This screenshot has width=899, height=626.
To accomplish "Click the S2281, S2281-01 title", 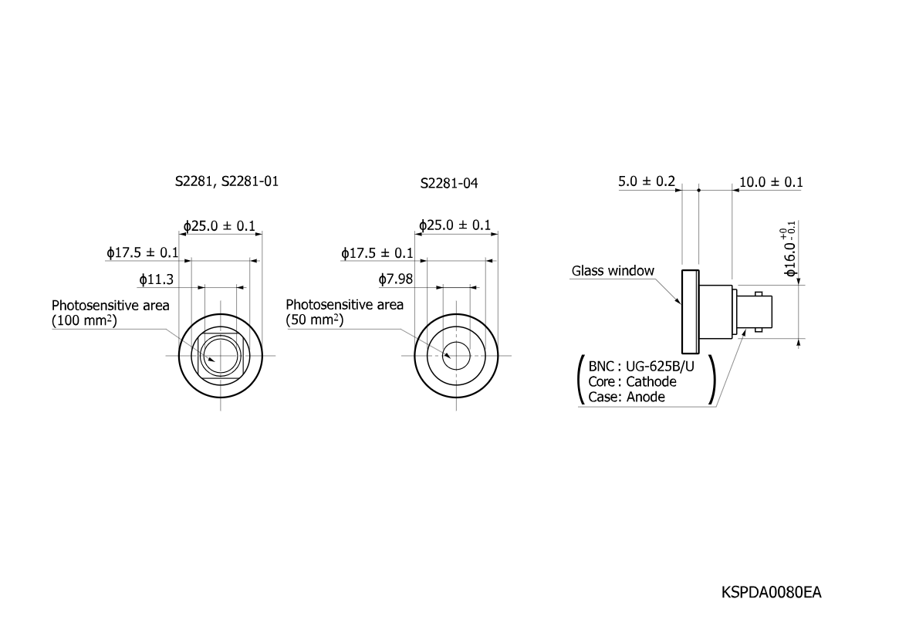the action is [x=226, y=181].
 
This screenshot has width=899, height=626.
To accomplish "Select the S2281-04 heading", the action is [x=449, y=184].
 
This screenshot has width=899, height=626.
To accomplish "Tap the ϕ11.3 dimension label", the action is [x=156, y=279].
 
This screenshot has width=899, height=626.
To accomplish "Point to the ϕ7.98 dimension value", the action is [x=396, y=279].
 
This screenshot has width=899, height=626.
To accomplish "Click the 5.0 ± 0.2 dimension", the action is [x=647, y=181].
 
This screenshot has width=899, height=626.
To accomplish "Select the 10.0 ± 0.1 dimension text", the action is [x=771, y=182].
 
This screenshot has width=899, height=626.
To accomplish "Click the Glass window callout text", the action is [x=613, y=271].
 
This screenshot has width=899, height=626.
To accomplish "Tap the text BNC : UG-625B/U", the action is [x=641, y=367].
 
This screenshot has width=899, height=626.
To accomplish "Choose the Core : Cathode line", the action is [x=633, y=382].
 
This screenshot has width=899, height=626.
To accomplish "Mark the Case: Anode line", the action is [x=627, y=397].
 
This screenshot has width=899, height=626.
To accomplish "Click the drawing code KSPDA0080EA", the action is [x=771, y=592].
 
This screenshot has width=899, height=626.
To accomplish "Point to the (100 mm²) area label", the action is [x=84, y=320].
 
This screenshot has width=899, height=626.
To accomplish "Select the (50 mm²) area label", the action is [x=315, y=320].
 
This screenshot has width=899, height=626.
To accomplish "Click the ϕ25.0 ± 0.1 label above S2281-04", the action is [x=455, y=225].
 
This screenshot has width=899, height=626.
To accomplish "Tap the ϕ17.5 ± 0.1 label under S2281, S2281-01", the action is [x=143, y=253].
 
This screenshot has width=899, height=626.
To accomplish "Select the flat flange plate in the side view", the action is [x=691, y=311].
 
